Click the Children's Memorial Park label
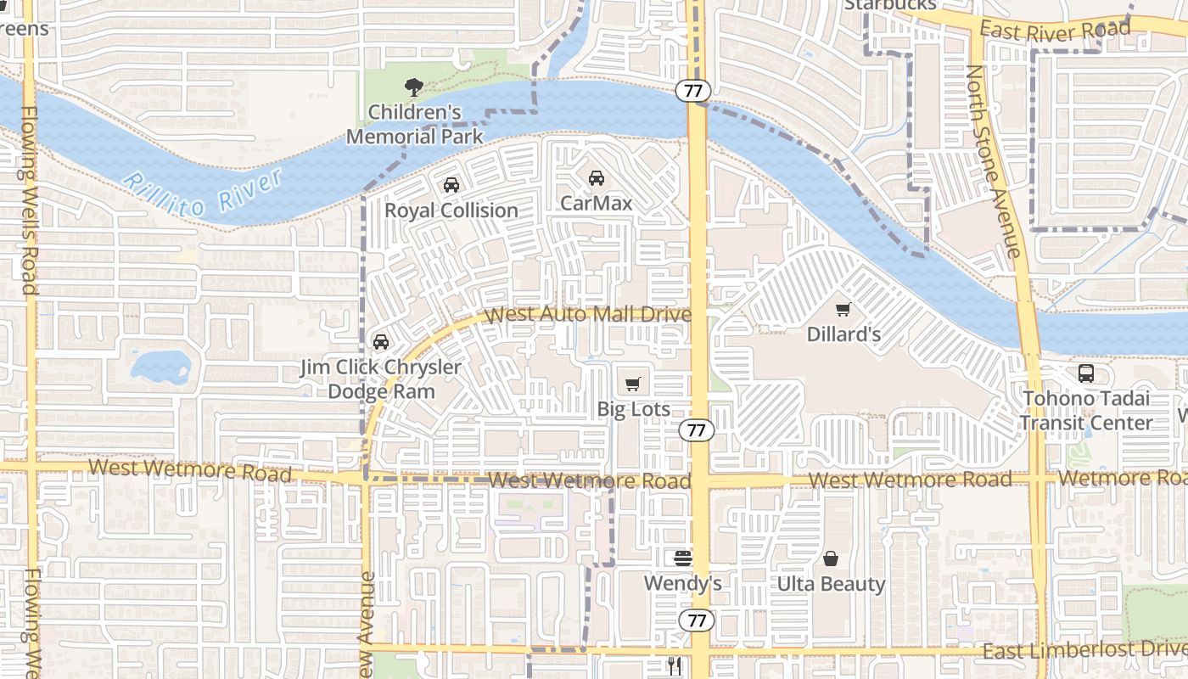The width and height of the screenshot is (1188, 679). pos(414,124)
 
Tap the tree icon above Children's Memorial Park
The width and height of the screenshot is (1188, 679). pos(414,87)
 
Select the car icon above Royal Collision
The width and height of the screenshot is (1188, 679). pos(451,185)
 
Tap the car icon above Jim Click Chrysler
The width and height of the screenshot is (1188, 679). pos(381,342)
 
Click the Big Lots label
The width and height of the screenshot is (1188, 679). pos(633,409)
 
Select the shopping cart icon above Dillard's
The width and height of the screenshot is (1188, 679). pos(843,310)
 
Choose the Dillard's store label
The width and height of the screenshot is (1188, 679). pos(843,334)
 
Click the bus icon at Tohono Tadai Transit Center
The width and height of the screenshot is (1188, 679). pos(1085,373)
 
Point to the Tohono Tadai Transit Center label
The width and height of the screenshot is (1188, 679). pos(1086,411)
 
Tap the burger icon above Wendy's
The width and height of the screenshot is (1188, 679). pos(683,558)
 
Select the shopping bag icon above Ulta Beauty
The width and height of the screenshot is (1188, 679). pos(831,559)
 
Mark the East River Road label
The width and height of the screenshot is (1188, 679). pos(1055,31)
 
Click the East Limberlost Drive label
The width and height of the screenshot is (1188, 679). pos(1084,650)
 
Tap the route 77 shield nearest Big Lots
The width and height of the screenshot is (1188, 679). pos(697,430)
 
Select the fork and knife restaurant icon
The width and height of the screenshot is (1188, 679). pos(675,666)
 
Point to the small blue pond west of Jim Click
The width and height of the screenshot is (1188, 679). pos(160,367)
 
